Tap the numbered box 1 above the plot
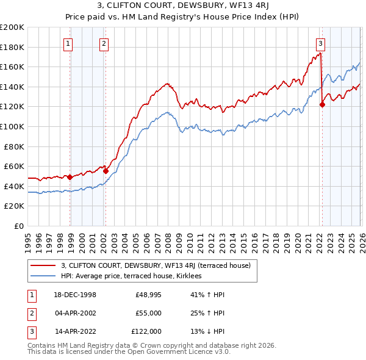(x=67, y=43)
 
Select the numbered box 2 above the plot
(x=104, y=43)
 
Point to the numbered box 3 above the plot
(x=320, y=43)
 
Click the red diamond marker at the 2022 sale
(x=322, y=104)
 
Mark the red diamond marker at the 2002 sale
(x=106, y=171)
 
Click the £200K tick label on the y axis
(x=12, y=27)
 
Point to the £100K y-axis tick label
(x=12, y=126)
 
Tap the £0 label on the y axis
(x=18, y=226)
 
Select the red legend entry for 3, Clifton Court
(x=159, y=265)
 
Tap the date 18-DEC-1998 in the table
(x=76, y=295)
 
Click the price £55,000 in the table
(x=148, y=314)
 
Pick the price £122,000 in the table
(x=146, y=332)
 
